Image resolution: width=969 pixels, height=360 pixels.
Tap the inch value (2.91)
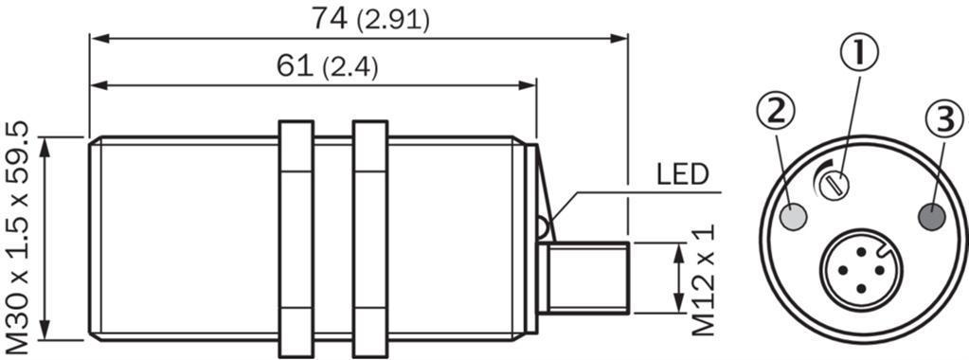(x=393, y=21)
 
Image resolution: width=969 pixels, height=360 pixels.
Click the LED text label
(x=682, y=175)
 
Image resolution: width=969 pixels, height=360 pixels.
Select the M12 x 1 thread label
(x=703, y=279)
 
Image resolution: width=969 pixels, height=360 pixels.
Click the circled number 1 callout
(x=858, y=52)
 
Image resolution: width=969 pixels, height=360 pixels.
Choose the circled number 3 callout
(x=943, y=118)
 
